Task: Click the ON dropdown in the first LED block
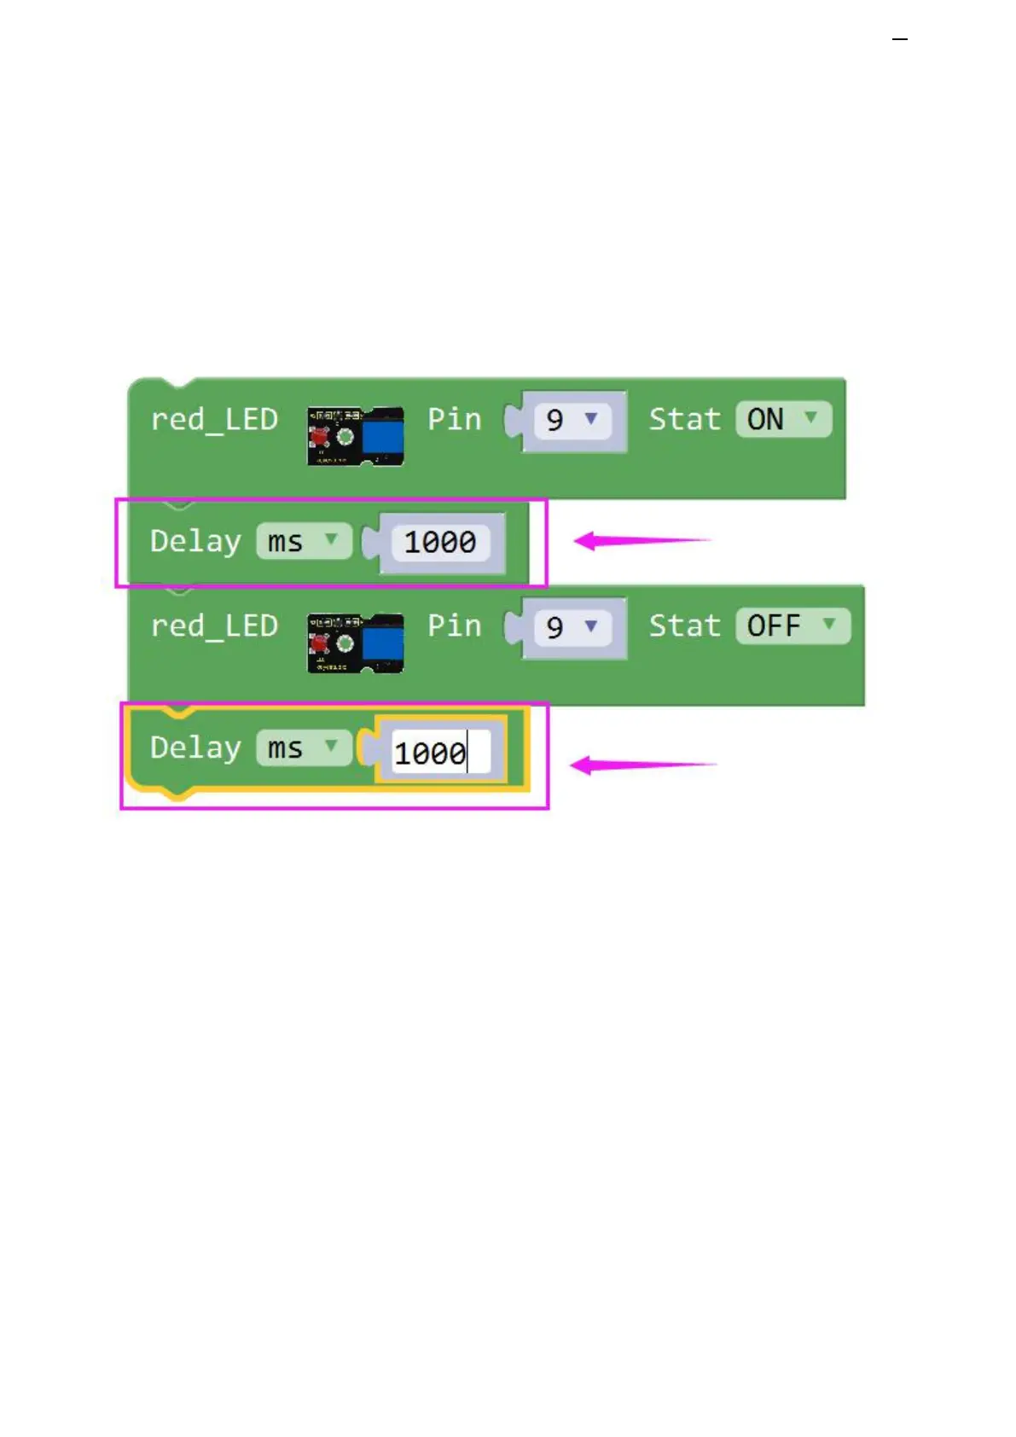click(782, 419)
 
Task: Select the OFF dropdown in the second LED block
click(792, 625)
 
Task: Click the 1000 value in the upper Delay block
click(439, 542)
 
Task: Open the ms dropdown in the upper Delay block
click(303, 542)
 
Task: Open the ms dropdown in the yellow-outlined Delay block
click(303, 748)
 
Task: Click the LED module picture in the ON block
click(355, 436)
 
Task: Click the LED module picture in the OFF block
click(355, 643)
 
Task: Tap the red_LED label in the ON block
click(214, 420)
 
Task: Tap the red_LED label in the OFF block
click(214, 626)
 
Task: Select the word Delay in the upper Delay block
click(195, 542)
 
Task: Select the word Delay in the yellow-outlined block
click(195, 748)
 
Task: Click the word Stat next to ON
click(684, 419)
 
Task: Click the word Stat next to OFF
click(684, 625)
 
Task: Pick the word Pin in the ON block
click(454, 419)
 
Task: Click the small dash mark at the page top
click(899, 39)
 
